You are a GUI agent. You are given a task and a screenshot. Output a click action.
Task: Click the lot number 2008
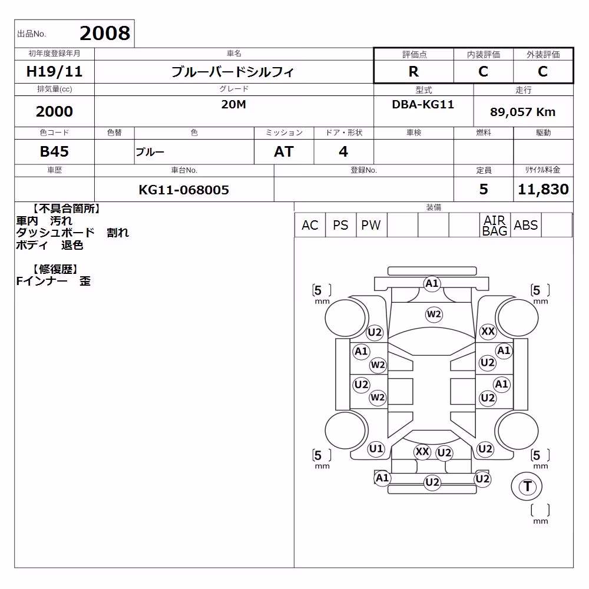click(x=105, y=33)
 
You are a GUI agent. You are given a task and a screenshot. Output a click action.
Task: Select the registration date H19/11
click(x=54, y=71)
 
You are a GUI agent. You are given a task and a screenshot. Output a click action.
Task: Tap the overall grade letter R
click(x=413, y=71)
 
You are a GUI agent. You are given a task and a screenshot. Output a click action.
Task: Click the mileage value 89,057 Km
click(x=522, y=112)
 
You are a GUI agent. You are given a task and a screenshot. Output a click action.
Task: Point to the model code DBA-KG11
click(x=423, y=104)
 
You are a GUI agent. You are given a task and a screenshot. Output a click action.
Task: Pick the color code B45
click(x=54, y=151)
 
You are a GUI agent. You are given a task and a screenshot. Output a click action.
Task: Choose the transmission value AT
click(x=284, y=151)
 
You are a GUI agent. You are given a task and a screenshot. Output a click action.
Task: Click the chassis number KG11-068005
click(x=184, y=190)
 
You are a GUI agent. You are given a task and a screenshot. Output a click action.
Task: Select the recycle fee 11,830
click(x=543, y=189)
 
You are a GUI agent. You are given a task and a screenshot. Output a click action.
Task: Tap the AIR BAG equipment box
click(x=495, y=226)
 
